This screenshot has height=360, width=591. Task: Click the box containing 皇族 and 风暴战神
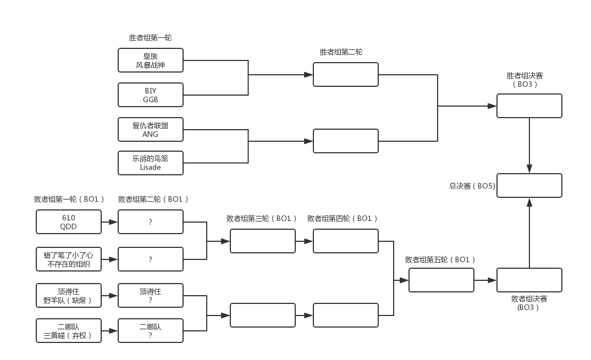point(151,60)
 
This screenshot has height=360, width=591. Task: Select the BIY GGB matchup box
point(151,95)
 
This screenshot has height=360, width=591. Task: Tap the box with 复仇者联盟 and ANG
point(151,130)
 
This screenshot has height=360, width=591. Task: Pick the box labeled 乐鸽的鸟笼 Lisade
point(151,163)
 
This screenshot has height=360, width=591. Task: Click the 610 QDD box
point(69,222)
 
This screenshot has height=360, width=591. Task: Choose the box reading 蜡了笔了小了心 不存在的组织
point(69,259)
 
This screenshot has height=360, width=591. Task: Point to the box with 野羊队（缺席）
point(69,296)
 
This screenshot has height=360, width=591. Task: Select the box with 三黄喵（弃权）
point(69,331)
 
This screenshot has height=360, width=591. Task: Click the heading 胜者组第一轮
point(151,38)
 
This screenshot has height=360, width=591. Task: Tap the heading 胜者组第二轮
point(341,52)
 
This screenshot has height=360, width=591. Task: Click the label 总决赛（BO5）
point(472,186)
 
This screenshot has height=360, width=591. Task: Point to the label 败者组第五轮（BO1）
point(440,259)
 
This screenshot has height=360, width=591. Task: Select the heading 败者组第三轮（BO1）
point(261,218)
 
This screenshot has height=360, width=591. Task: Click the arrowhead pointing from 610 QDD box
point(113,222)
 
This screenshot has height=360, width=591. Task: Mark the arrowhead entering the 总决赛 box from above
point(529,169)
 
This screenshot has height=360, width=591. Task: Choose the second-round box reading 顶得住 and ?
point(151,296)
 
